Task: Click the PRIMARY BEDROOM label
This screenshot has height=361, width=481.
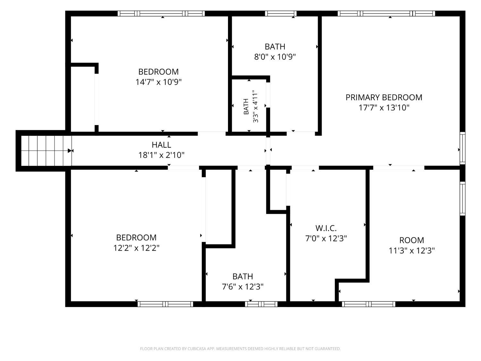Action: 384,97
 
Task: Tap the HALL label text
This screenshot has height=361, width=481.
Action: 161,145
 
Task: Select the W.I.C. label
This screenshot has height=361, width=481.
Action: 326,228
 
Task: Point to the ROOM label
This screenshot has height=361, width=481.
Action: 411,240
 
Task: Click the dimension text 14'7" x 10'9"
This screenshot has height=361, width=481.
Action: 158,82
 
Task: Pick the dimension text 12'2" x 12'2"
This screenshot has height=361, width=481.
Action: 136,248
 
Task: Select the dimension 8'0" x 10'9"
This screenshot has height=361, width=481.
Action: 275,57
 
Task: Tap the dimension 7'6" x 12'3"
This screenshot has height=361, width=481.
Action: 242,287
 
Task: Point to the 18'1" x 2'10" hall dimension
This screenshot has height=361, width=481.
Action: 161,155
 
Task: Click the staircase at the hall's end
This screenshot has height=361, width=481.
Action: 46,150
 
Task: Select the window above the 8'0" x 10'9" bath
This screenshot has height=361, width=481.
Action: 281,13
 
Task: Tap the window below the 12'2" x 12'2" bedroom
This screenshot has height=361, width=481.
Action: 165,304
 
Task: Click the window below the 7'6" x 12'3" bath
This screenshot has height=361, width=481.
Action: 261,304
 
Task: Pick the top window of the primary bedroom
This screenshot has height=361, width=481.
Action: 386,13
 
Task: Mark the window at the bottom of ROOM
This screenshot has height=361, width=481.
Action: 368,304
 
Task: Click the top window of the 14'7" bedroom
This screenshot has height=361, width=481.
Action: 161,13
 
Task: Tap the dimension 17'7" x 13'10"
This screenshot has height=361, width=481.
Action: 384,107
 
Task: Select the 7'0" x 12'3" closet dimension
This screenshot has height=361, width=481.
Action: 326,238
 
